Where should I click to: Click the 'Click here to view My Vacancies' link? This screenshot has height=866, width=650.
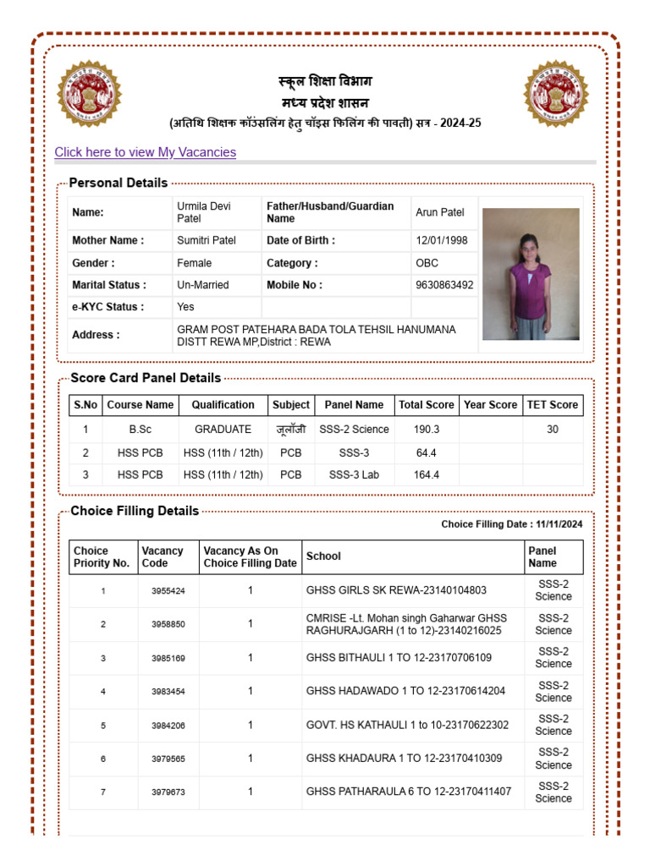pyautogui.click(x=145, y=152)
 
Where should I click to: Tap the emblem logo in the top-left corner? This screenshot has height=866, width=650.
pyautogui.click(x=89, y=93)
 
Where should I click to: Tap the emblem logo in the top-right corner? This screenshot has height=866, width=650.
pyautogui.click(x=555, y=93)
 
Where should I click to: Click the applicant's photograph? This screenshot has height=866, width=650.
pyautogui.click(x=531, y=274)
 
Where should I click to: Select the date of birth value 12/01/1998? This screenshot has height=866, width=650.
pyautogui.click(x=441, y=241)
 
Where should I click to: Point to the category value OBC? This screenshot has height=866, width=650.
pyautogui.click(x=427, y=263)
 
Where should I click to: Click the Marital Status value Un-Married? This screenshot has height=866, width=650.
pyautogui.click(x=202, y=285)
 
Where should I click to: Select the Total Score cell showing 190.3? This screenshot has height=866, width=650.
pyautogui.click(x=427, y=430)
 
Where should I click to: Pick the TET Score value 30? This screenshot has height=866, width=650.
pyautogui.click(x=552, y=430)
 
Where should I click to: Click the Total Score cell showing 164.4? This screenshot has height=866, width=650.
pyautogui.click(x=427, y=475)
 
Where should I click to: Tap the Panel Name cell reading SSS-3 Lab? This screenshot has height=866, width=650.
pyautogui.click(x=354, y=475)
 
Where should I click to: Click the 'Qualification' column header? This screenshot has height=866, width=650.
pyautogui.click(x=223, y=405)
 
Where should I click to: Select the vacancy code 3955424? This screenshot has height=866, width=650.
pyautogui.click(x=168, y=591)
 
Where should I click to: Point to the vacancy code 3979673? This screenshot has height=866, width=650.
pyautogui.click(x=168, y=792)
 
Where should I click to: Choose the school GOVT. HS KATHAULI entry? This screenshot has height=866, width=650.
pyautogui.click(x=407, y=725)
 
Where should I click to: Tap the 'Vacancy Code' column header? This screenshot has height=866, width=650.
pyautogui.click(x=162, y=556)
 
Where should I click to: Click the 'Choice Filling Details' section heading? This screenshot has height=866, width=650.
pyautogui.click(x=135, y=511)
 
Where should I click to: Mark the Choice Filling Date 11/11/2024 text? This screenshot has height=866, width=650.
pyautogui.click(x=511, y=524)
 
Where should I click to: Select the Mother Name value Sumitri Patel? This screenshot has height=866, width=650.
pyautogui.click(x=206, y=241)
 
